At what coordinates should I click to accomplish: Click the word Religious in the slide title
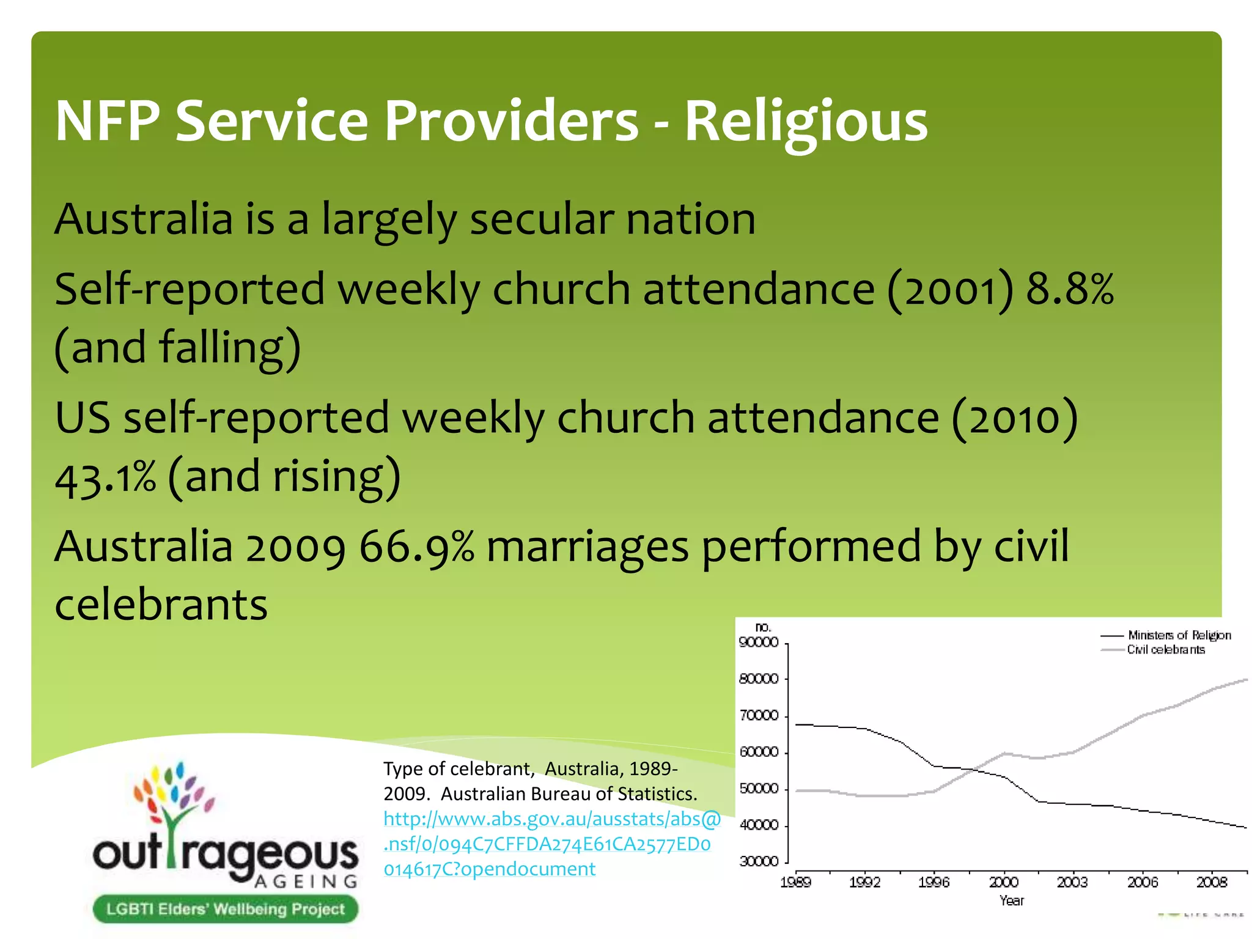coord(806,122)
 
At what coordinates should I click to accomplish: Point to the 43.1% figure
coord(105,478)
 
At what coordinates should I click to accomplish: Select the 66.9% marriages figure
coord(416,546)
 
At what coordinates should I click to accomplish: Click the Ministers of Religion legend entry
coord(1179,635)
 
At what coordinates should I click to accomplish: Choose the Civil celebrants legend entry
coord(1165,649)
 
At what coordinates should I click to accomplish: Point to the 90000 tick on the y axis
coord(759,643)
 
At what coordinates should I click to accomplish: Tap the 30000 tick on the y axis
coord(759,862)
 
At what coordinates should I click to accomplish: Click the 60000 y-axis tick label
coord(759,753)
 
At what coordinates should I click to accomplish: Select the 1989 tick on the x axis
coord(795,882)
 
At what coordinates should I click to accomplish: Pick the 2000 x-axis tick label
coord(1003,882)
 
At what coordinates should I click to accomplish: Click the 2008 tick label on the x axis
coord(1212,882)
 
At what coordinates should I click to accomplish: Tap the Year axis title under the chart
coord(1011,900)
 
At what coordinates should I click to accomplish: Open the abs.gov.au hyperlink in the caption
coord(550,844)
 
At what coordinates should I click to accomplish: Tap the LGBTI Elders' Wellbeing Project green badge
coord(225,909)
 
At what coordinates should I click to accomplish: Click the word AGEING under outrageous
coord(306,882)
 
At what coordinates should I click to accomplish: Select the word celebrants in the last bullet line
coord(161,605)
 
